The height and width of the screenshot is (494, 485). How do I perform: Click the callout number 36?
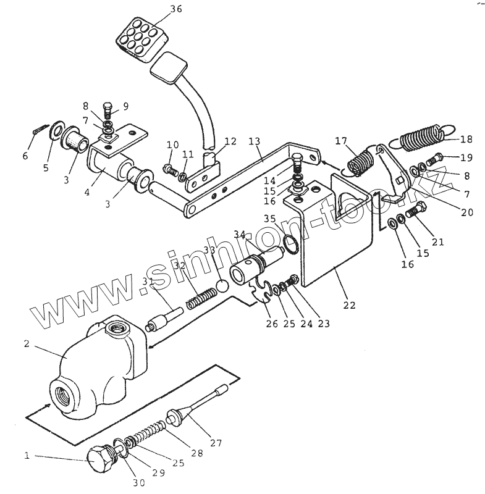[159, 9]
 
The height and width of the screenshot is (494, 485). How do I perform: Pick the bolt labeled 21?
[418, 210]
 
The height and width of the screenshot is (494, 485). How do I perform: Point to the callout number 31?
[148, 282]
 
